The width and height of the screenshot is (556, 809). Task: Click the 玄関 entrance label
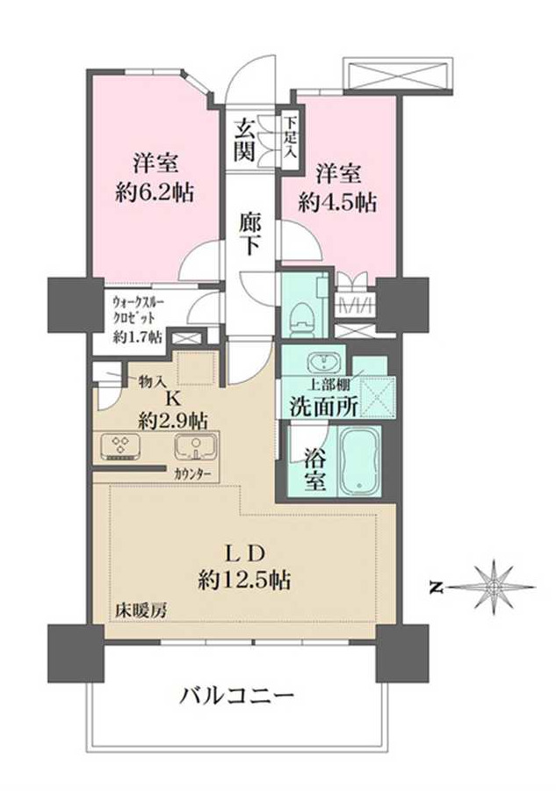coord(245,139)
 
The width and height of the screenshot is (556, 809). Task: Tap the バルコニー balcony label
coord(235,698)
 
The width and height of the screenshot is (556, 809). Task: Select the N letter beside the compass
coord(437,586)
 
